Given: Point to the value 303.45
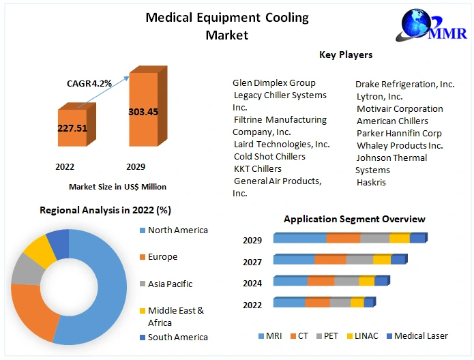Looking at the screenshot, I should point(143,112).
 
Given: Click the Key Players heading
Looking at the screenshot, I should point(346,55).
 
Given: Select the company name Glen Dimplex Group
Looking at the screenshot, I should point(274,83).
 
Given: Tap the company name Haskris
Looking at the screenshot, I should point(372,183).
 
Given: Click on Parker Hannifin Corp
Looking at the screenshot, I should point(399,133).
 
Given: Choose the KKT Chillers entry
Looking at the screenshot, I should point(258,168).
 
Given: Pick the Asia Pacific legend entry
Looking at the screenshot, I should point(170,284).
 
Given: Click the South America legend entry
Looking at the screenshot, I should point(177,337).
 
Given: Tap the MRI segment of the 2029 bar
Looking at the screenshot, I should point(299,239).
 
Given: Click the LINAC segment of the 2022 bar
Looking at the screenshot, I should point(357,303).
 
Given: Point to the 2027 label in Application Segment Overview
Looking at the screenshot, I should point(252,261).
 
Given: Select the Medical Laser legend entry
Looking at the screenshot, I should point(419,336).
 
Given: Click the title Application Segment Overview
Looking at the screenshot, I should point(354,219).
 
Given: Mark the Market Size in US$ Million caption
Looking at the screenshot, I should point(117,186).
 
